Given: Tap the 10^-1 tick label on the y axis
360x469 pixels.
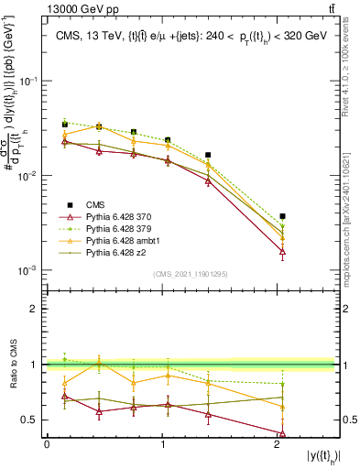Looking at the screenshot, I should [30, 81].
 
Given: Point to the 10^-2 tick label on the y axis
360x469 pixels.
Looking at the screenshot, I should [30, 176].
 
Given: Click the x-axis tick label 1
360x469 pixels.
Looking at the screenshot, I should [162, 444].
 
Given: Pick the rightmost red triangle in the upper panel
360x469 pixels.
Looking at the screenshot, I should [282, 250].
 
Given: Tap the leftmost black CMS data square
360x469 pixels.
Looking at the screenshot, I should [64, 125].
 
